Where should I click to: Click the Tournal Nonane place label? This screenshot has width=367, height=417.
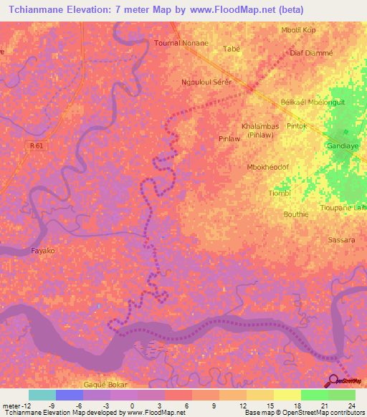(181, 43)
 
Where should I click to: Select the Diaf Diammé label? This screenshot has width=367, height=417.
(312, 53)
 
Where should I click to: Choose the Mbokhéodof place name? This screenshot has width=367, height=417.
(267, 166)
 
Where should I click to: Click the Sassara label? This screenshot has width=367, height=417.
(340, 240)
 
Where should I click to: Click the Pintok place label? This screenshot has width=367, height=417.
(297, 126)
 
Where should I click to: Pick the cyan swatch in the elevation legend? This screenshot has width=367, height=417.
(42, 395)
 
